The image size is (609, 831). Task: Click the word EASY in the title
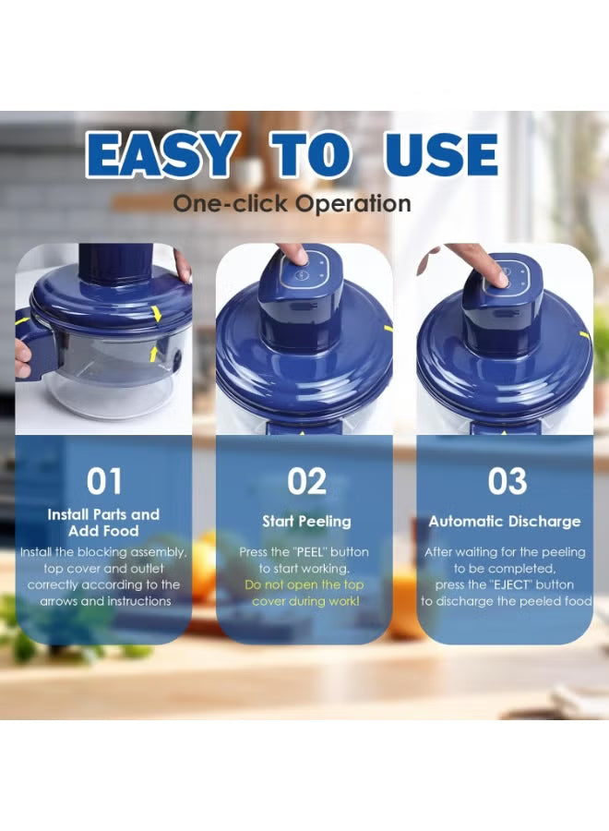click(162, 154)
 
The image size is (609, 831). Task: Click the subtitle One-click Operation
click(292, 204)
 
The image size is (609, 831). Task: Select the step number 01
click(104, 481)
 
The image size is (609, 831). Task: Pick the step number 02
click(306, 481)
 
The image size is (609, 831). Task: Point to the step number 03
click(507, 481)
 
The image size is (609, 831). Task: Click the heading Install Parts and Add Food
click(103, 523)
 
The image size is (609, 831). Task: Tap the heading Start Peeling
click(306, 522)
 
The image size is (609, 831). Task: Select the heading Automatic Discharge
click(505, 522)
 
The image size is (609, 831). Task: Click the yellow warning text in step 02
click(304, 593)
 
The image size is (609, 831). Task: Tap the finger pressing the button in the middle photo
click(294, 254)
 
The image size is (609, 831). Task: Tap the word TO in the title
click(311, 154)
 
